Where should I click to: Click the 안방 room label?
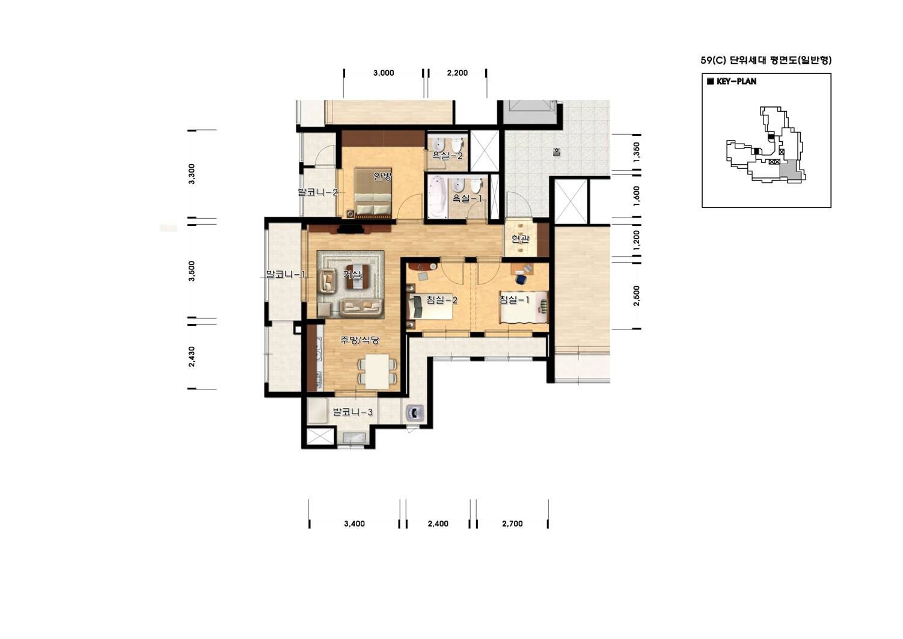pos(382,177)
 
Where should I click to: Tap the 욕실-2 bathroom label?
pos(447,155)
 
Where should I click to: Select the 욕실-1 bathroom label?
pos(467,198)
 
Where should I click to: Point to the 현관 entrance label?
pos(521,239)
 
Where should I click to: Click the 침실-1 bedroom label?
pos(515,299)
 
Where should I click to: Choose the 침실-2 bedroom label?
pos(442,300)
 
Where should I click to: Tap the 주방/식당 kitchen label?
pos(360,340)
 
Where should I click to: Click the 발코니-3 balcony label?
pos(353,412)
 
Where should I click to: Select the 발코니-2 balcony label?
pos(317,192)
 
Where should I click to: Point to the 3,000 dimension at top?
pos(384,73)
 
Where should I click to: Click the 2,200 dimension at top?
pos(458,73)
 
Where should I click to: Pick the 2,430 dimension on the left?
pos(192,357)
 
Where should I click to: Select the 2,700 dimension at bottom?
pos(512,524)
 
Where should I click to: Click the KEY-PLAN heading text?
pos(736,81)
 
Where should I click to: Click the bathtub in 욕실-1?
pos(438,196)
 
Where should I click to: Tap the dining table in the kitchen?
pos(378,371)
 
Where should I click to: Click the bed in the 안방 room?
pos(373,193)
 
